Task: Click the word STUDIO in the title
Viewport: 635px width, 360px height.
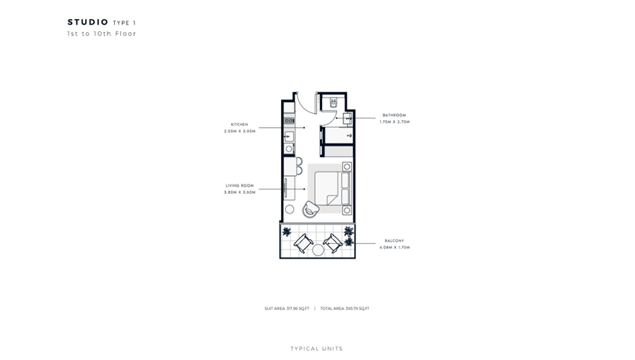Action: [87, 22]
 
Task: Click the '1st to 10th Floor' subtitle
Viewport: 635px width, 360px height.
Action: [102, 34]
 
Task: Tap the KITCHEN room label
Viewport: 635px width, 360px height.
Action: [239, 124]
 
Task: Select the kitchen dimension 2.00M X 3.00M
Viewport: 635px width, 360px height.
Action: [240, 131]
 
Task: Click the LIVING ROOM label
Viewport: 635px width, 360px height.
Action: [240, 186]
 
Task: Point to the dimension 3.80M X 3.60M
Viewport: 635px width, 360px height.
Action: [240, 192]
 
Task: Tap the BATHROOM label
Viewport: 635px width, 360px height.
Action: [394, 115]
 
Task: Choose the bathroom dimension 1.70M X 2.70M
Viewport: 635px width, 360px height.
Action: [395, 122]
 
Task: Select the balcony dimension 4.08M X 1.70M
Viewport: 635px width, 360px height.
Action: [395, 247]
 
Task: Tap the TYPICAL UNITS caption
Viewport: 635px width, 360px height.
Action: [316, 349]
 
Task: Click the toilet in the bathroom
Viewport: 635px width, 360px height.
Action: [333, 103]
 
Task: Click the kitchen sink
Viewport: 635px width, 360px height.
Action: [289, 137]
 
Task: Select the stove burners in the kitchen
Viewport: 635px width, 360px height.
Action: [289, 121]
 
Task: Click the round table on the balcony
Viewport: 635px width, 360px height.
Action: [318, 249]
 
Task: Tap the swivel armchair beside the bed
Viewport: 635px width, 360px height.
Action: [311, 209]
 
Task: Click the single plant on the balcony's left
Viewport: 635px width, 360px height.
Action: [287, 232]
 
